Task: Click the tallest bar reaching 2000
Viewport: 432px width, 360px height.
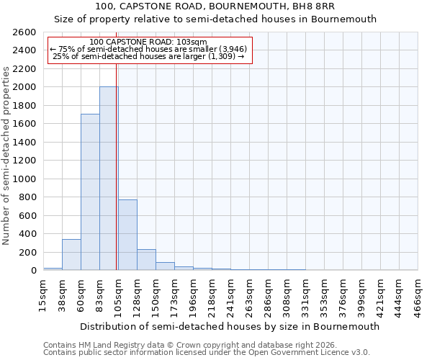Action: point(109,179)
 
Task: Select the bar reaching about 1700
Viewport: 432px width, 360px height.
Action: point(90,192)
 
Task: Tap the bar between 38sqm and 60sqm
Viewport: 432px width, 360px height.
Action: point(71,255)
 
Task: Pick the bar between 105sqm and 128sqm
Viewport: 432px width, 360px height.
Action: point(127,235)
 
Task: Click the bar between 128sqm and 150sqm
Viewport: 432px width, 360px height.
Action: point(146,260)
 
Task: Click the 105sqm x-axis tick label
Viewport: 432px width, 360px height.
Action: point(119,295)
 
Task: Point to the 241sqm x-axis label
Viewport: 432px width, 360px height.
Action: point(231,295)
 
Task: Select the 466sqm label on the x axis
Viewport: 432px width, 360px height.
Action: point(418,295)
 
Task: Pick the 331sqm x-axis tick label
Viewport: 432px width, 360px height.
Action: point(306,295)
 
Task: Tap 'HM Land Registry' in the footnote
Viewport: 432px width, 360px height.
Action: point(107,345)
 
